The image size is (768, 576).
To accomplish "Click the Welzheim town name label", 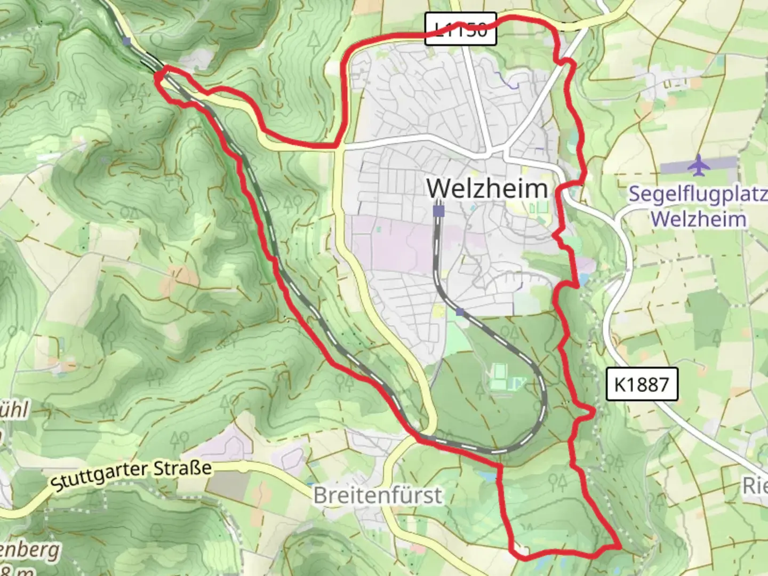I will [x=487, y=188].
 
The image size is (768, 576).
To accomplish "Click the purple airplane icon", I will [x=698, y=166].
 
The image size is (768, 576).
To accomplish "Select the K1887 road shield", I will [x=642, y=384].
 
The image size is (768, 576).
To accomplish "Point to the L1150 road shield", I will [x=461, y=30].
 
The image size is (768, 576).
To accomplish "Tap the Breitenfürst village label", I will [x=378, y=495].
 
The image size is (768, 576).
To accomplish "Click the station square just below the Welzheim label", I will [x=438, y=211].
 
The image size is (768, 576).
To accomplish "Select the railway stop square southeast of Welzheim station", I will [x=460, y=311].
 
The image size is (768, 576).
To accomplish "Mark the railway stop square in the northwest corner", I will [x=126, y=41].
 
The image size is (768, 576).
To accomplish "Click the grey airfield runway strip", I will [x=699, y=166].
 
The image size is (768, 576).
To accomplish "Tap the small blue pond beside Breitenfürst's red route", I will [x=486, y=474].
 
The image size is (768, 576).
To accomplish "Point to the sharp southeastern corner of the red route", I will [x=619, y=546].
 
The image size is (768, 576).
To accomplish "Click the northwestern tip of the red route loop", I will [x=158, y=76].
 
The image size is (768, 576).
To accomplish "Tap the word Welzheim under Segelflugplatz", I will [x=698, y=219].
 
